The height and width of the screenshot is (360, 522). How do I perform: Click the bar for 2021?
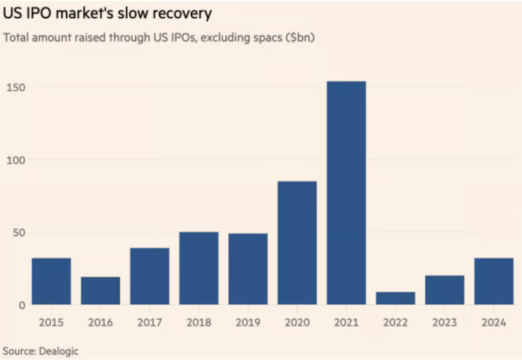(x=346, y=193)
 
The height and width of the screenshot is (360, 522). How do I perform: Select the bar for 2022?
(x=396, y=298)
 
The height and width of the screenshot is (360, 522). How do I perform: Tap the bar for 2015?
(x=51, y=281)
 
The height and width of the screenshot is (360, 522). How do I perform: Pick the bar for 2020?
(x=297, y=243)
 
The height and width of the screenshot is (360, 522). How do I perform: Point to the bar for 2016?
(x=100, y=291)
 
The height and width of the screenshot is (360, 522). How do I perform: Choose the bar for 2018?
(x=199, y=268)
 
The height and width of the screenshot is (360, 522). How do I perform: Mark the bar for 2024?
(x=494, y=281)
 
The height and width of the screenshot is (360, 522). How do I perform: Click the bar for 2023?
(x=445, y=290)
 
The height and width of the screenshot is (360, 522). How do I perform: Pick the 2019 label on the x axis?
(x=248, y=323)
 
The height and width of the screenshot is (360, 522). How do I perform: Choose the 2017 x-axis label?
(x=149, y=323)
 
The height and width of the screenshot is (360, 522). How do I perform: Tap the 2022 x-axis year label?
(x=396, y=323)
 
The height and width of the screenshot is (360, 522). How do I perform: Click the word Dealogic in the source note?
(x=58, y=351)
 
